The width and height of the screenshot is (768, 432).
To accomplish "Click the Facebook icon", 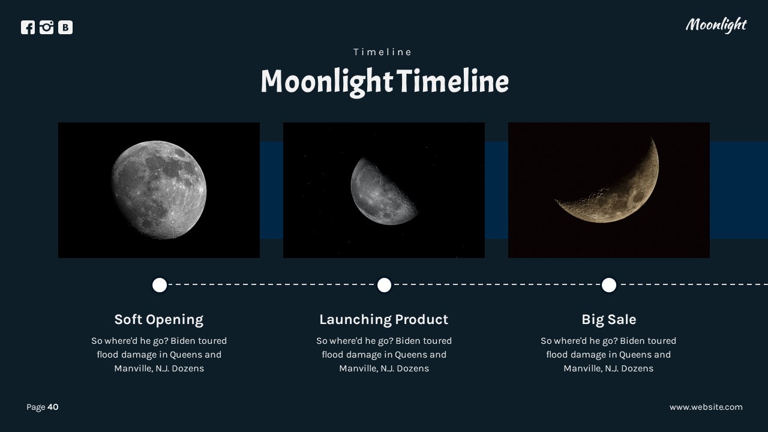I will click(x=28, y=28).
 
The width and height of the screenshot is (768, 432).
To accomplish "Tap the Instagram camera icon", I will click(x=47, y=28).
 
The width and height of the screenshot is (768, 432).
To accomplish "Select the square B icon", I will click(x=65, y=28).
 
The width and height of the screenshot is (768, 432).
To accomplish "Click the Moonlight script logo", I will click(x=715, y=25).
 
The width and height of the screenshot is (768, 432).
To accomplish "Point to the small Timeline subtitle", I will click(x=383, y=52).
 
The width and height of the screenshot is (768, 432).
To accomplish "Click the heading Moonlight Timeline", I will click(x=384, y=82).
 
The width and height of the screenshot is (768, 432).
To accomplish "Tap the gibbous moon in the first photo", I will click(x=159, y=189).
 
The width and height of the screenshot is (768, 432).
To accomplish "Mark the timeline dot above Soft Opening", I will click(x=160, y=285).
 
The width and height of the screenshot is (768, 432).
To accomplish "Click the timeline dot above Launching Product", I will click(x=384, y=285).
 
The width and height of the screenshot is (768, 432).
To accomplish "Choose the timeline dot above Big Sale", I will click(x=609, y=285).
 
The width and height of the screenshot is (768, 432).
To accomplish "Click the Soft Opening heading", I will click(x=159, y=319).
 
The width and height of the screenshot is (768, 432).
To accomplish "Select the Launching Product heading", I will click(x=384, y=319).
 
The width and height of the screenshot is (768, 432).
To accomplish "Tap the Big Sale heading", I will click(x=609, y=319).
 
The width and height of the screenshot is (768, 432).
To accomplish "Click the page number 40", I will click(x=53, y=407).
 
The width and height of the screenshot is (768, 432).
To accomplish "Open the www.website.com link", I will click(x=706, y=407).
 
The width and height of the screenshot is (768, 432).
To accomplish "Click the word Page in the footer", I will click(x=35, y=407).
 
